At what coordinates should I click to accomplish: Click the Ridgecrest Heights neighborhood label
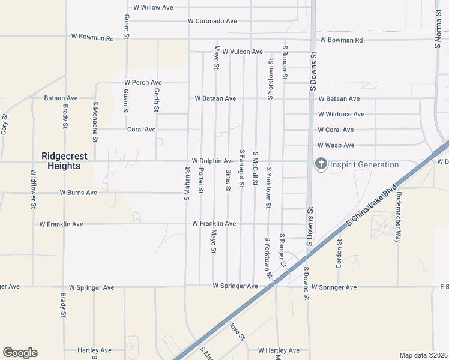click(64, 161)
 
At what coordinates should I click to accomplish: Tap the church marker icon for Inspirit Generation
click(321, 164)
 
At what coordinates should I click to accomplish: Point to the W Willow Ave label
click(153, 7)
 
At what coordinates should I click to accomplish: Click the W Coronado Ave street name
click(212, 21)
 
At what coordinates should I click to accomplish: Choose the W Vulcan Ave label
click(243, 52)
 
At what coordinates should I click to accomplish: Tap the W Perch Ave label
click(143, 82)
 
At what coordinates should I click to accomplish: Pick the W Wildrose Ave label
click(341, 114)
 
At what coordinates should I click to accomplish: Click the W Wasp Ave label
click(336, 145)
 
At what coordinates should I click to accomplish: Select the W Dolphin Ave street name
click(213, 161)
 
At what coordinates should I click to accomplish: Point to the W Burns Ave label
click(78, 193)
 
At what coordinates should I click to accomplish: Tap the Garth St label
click(156, 100)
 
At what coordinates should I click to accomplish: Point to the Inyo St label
click(238, 332)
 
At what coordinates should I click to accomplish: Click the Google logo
click(20, 353)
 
